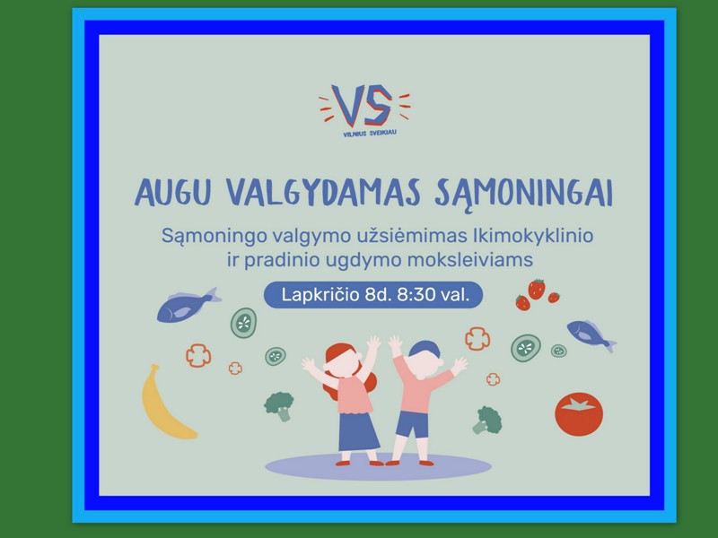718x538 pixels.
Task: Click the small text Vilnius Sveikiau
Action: [x=370, y=134]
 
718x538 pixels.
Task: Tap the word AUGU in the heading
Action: [x=172, y=192]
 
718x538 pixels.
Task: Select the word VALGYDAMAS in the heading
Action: [x=324, y=192]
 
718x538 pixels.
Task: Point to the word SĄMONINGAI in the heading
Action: [x=523, y=194]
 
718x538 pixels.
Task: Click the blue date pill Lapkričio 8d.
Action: [x=373, y=295]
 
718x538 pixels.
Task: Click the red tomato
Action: [x=579, y=414]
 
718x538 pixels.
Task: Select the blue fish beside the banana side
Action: [x=188, y=305]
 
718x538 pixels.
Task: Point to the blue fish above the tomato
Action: [x=591, y=335]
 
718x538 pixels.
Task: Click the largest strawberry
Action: [x=537, y=289]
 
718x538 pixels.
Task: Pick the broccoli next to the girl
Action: [x=279, y=406]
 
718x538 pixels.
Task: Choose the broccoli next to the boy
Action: [x=487, y=420]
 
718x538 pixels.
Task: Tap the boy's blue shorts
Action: [x=412, y=424]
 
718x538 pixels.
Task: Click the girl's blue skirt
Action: [x=358, y=431]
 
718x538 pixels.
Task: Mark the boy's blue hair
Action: [x=424, y=349]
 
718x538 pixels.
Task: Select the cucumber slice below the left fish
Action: [x=243, y=323]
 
